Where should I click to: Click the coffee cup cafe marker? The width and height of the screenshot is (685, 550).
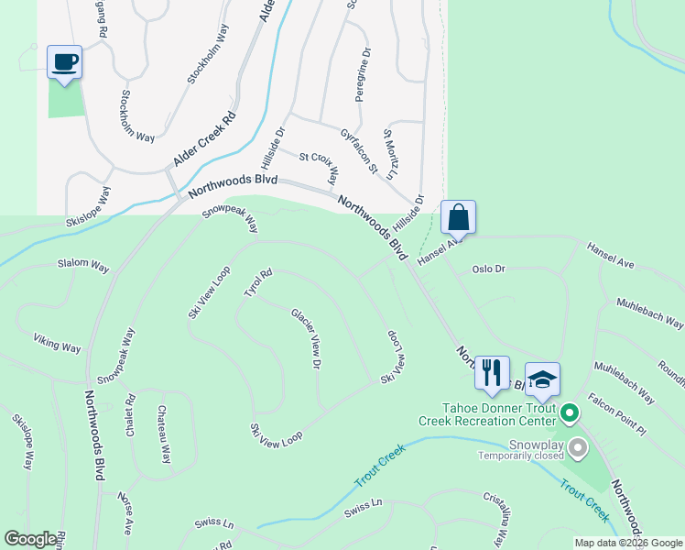pyautogui.click(x=64, y=63)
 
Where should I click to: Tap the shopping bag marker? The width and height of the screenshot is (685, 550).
pyautogui.click(x=458, y=218)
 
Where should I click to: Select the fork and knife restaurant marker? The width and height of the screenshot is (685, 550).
pyautogui.click(x=492, y=372)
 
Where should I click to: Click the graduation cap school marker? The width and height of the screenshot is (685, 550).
pyautogui.click(x=542, y=379)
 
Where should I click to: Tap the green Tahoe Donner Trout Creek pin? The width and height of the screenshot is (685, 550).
pyautogui.click(x=569, y=414)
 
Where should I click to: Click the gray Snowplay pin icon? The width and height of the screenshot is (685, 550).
pyautogui.click(x=577, y=448)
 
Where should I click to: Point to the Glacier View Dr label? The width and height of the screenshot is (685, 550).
pyautogui.click(x=306, y=338)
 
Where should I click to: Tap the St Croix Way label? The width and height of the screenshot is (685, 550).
pyautogui.click(x=320, y=166)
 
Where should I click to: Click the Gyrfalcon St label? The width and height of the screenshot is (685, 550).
pyautogui.click(x=358, y=150)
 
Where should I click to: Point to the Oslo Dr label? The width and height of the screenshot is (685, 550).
pyautogui.click(x=488, y=269)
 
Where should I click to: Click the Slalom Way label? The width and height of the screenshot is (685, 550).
pyautogui.click(x=83, y=265)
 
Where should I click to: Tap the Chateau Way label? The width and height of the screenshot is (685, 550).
pyautogui.click(x=163, y=434)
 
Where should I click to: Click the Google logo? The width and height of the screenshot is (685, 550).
pyautogui.click(x=31, y=539)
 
